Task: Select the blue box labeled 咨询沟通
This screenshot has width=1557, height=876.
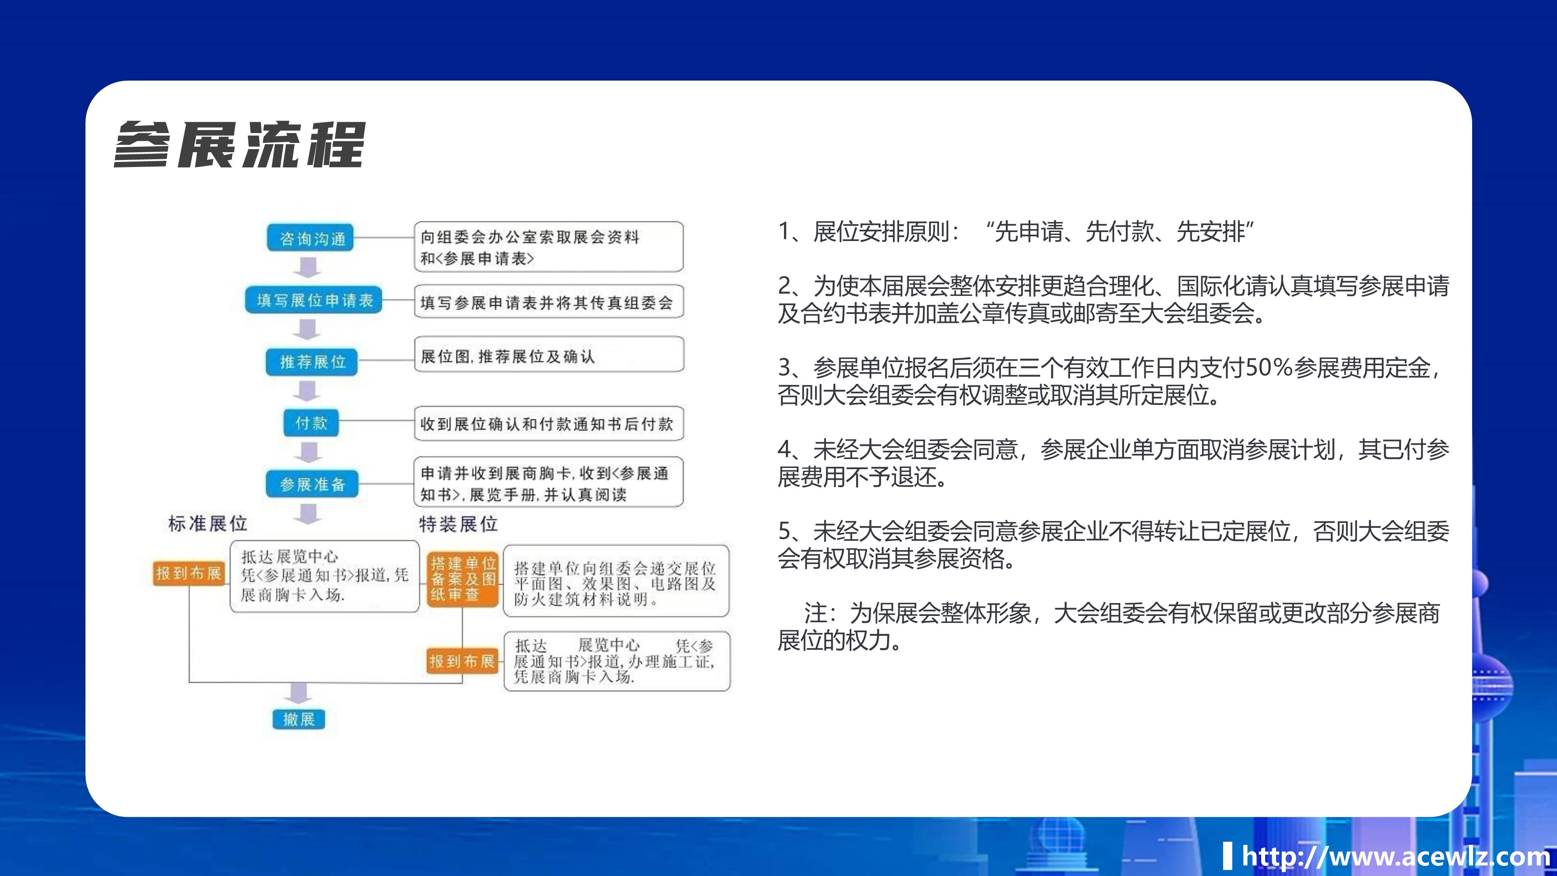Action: click(311, 238)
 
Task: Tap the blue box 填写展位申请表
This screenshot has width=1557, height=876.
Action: click(314, 301)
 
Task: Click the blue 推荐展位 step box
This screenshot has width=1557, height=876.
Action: click(312, 362)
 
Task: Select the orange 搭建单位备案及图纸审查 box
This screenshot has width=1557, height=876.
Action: click(463, 579)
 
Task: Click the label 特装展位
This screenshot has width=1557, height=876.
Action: click(458, 524)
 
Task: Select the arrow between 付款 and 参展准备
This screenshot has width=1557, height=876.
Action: click(309, 452)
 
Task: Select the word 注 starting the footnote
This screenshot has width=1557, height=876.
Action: click(816, 613)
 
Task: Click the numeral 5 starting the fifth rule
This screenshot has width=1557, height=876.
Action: click(785, 531)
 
